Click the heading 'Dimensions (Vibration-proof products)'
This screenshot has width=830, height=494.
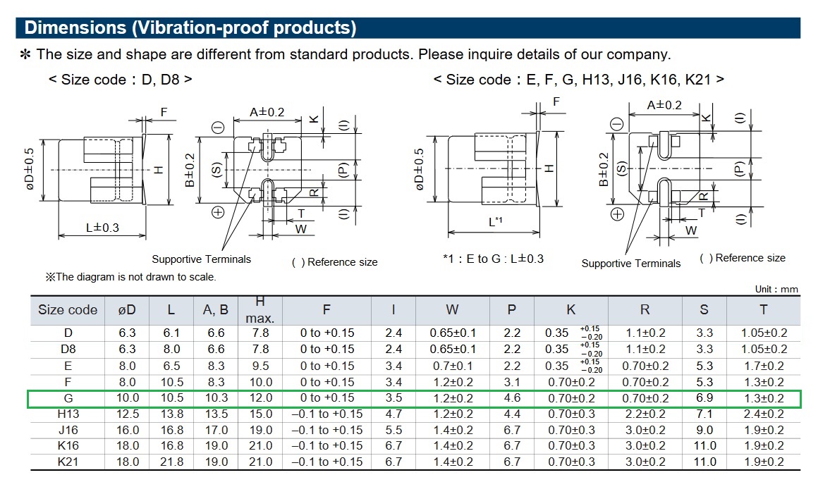pos(190,28)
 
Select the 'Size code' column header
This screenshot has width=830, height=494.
pos(68,310)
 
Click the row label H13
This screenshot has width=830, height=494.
pos(68,414)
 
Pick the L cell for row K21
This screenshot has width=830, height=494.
pos(171,462)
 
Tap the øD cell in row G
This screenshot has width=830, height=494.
pos(127,398)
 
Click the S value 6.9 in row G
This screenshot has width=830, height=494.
pos(704,398)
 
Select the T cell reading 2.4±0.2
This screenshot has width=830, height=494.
pos(764,414)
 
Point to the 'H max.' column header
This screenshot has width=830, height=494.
pos(260,310)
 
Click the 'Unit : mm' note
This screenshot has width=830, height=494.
pos(776,289)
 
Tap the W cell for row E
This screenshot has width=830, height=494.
pos(452,366)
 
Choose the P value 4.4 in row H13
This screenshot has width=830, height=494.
pos(512,414)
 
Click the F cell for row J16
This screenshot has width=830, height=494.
pos(326,430)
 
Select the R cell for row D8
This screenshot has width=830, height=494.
pos(645,349)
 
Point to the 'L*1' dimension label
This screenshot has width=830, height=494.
pos(495,222)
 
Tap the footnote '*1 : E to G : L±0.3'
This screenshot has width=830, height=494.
pos(493,259)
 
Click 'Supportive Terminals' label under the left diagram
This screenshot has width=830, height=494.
pos(201,259)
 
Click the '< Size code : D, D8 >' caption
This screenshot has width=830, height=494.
pos(120,80)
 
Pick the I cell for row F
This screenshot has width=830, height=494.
pos(393,382)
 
